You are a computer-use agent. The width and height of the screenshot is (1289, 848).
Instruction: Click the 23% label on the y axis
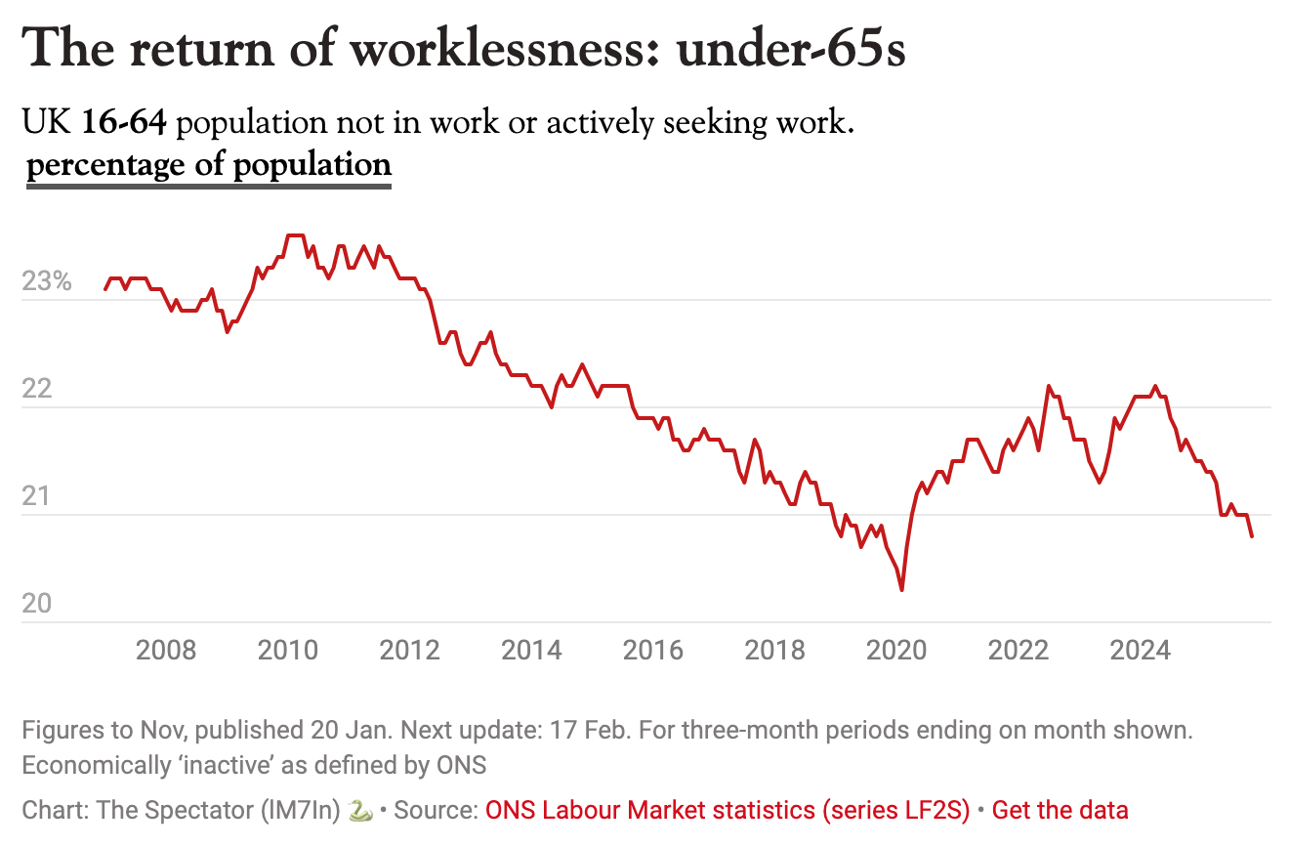47,282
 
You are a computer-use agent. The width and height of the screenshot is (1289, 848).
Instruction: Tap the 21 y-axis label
35,497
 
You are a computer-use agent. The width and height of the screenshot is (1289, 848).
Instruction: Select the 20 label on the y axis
35,605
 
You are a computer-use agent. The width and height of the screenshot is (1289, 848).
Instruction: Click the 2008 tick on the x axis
166,650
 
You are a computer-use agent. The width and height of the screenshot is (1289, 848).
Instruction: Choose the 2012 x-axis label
409,650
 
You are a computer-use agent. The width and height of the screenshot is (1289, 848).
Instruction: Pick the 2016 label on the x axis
653,650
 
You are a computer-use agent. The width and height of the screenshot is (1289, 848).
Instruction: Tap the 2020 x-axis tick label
897,650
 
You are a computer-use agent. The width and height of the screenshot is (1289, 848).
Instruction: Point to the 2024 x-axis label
1141,650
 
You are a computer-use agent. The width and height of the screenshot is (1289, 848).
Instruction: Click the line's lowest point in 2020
901,590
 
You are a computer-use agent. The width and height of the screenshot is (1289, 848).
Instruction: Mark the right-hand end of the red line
1252,536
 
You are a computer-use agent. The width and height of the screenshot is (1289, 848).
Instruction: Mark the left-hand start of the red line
105,289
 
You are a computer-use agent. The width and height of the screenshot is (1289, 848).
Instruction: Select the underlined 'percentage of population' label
209,164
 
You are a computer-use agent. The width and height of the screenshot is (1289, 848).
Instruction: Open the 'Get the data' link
1060,810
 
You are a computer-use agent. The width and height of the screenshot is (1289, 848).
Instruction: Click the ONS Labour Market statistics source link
728,810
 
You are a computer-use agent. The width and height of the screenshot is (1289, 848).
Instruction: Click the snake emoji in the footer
359,810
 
